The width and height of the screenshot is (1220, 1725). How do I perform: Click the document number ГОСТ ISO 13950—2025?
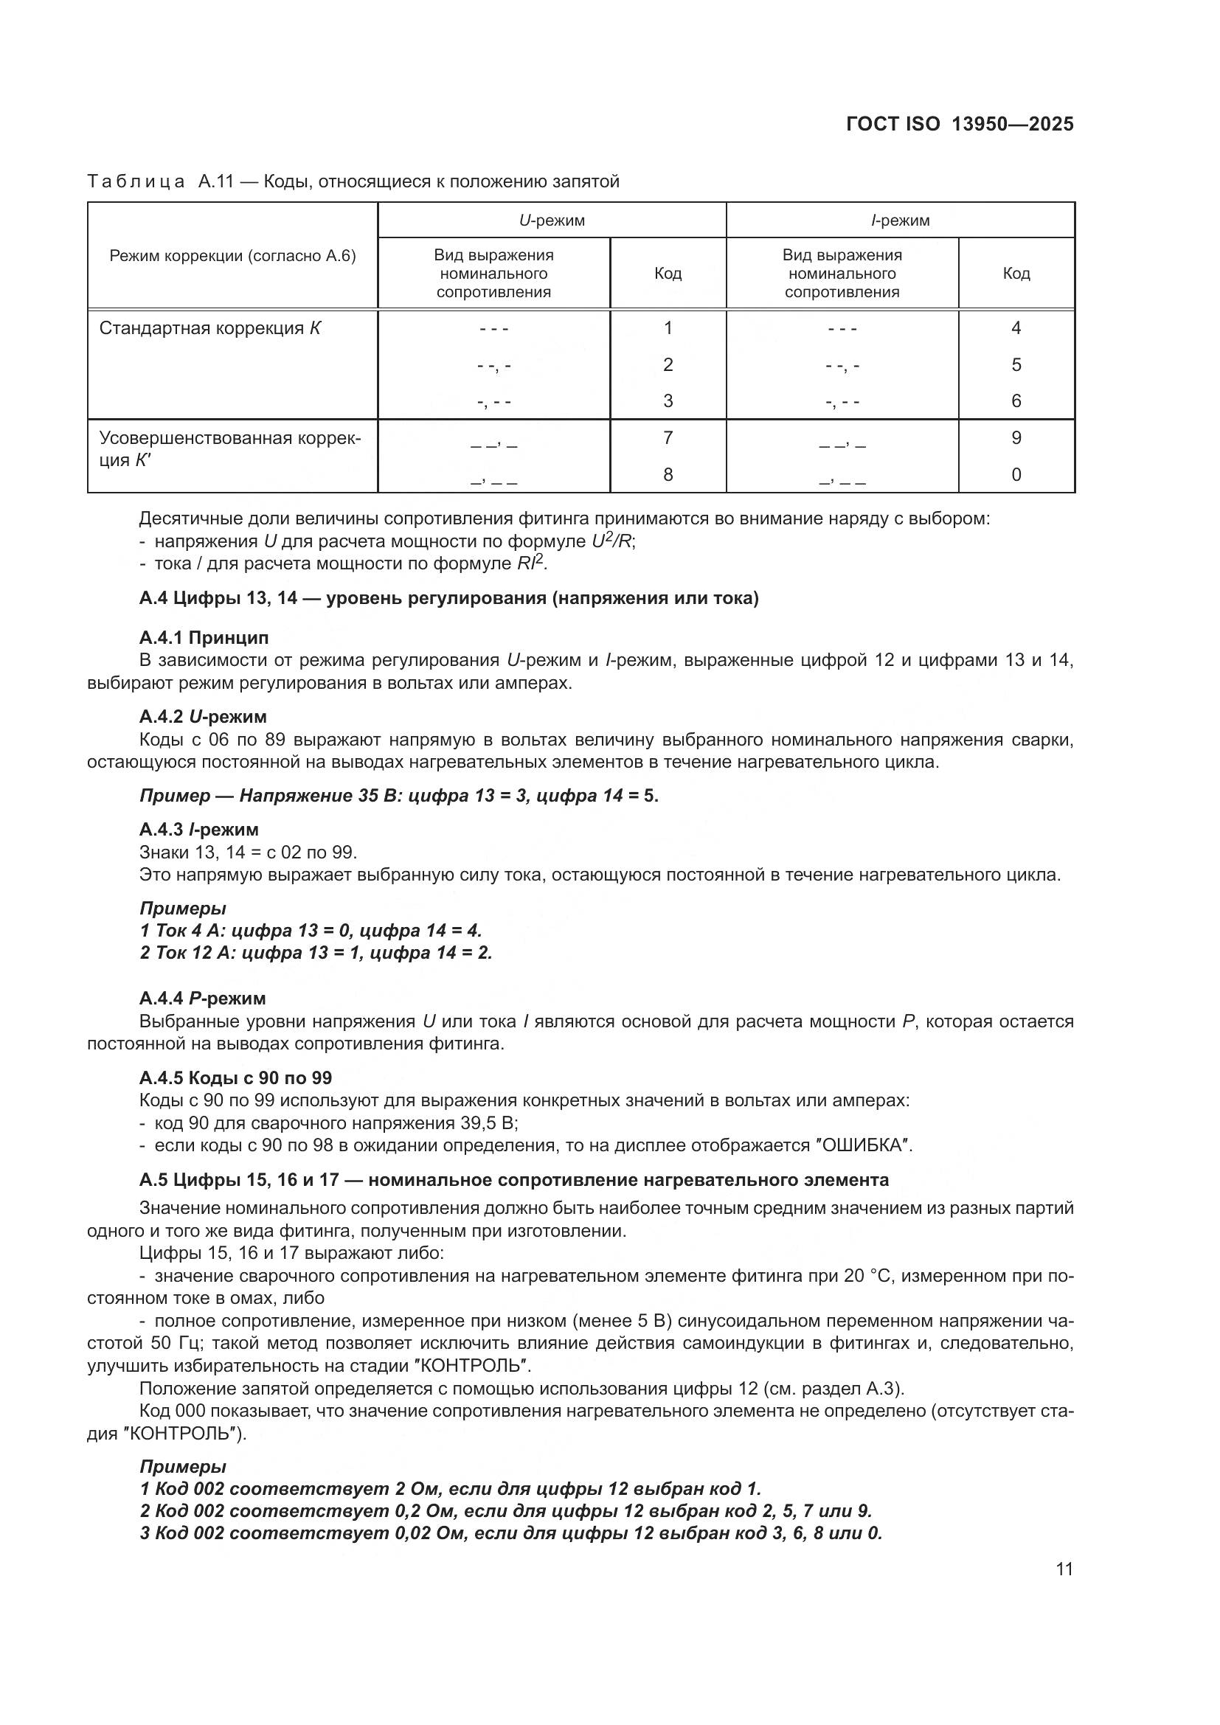pos(960,124)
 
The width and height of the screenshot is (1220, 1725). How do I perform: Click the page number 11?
pos(1064,1569)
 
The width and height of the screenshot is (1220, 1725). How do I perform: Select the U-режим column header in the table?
pos(552,220)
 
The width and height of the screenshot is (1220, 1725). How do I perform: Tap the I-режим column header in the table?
pos(900,220)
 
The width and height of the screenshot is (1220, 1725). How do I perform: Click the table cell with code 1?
pos(667,327)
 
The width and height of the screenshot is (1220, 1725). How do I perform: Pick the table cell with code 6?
pos(1016,400)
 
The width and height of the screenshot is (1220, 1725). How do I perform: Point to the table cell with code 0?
pos(1016,474)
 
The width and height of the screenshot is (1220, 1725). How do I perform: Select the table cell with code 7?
pos(667,437)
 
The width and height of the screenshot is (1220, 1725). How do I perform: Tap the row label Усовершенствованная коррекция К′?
pos(229,448)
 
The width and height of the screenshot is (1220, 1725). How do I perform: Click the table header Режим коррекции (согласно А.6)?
pos(232,256)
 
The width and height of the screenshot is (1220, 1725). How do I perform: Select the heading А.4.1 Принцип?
pos(204,638)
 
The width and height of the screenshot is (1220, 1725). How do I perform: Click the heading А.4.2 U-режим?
pos(203,717)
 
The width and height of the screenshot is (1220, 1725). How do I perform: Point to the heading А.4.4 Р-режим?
pos(202,999)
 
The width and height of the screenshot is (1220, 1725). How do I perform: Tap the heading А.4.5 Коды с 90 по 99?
pos(235,1078)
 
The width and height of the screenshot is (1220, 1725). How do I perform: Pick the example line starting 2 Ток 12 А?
pos(316,953)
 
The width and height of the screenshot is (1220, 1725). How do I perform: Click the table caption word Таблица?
pos(136,181)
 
